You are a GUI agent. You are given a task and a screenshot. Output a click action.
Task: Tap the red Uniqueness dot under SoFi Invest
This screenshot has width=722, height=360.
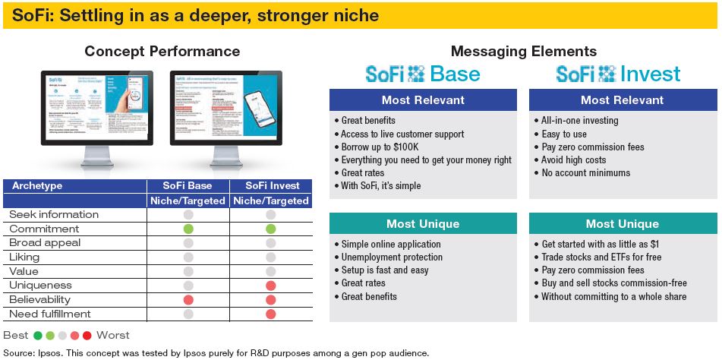270,286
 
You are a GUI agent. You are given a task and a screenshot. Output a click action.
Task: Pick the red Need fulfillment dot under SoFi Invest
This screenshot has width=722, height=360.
270,314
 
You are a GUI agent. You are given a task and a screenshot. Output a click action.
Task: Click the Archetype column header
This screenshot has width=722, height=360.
37,186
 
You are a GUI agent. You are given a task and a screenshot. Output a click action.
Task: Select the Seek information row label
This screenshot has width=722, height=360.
54,214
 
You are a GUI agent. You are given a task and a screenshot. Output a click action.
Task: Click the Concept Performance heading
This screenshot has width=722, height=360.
162,52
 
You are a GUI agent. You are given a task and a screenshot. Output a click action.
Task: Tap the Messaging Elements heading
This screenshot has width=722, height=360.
523,52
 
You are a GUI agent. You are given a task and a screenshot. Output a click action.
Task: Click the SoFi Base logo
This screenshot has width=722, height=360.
423,74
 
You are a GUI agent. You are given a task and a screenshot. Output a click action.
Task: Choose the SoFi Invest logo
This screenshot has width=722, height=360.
618,74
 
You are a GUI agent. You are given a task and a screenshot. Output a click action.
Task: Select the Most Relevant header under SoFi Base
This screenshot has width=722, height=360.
423,99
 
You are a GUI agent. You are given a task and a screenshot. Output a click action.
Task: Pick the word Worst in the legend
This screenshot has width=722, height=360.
113,335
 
